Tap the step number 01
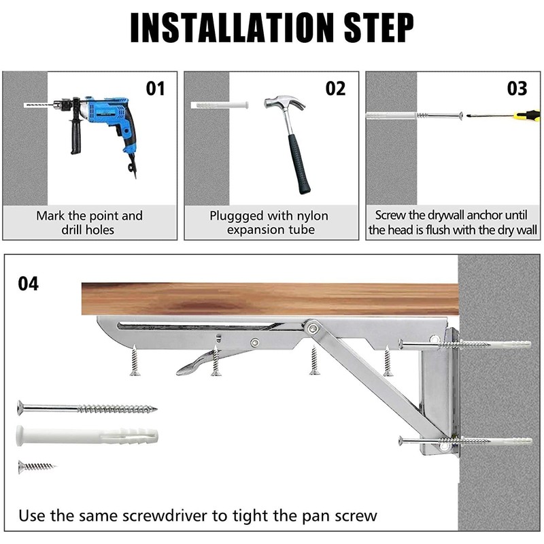point(155,88)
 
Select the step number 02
point(335,88)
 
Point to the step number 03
point(517,88)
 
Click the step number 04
point(29,284)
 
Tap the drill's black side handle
point(76,135)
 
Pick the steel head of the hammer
point(284,102)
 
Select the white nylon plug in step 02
point(220,105)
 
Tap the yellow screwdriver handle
point(528,114)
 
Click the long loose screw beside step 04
point(87,409)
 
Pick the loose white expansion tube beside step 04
point(87,436)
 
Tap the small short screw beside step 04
point(37,466)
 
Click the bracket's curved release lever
point(205,362)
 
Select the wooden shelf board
point(270,299)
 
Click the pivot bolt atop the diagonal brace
point(313,327)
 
